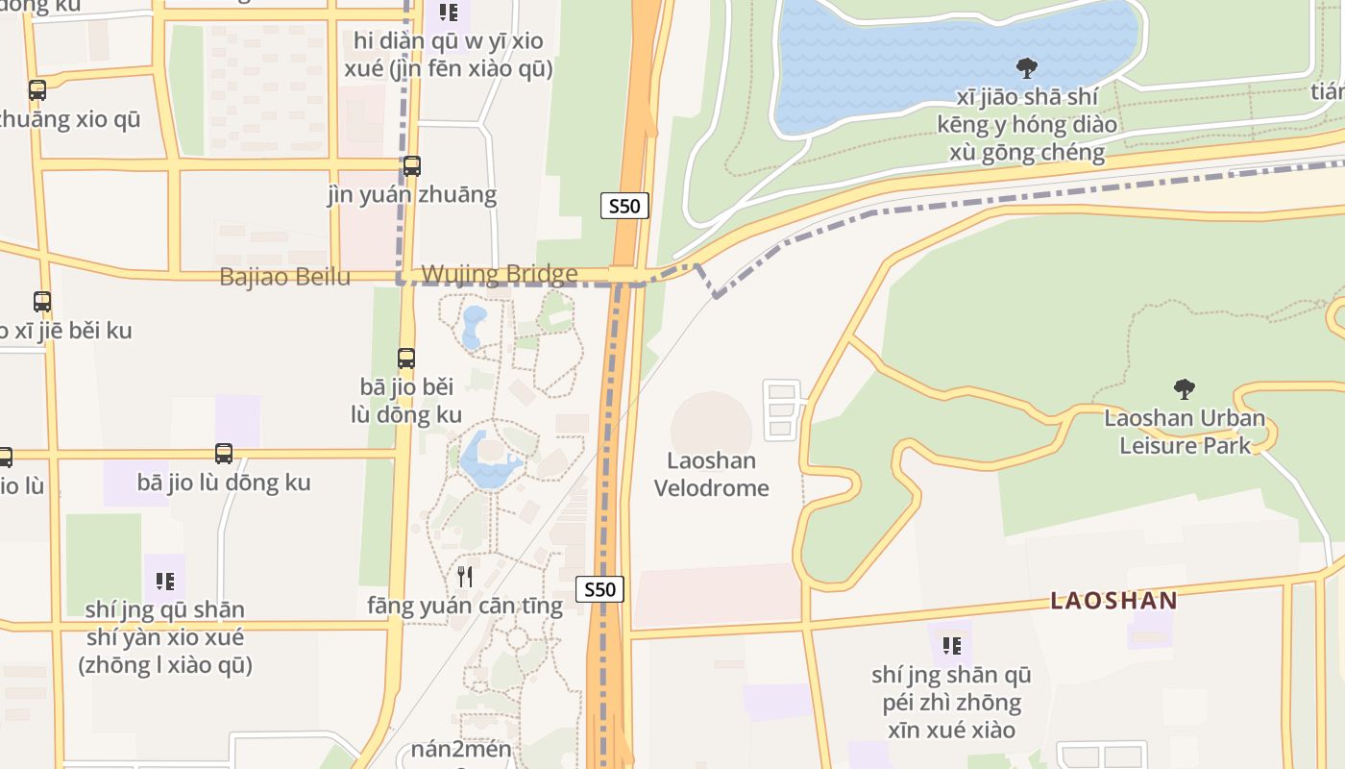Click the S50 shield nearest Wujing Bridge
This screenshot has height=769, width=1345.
click(624, 206)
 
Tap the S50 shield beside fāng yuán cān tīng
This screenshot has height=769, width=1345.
click(599, 589)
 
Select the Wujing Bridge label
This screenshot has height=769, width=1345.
click(500, 275)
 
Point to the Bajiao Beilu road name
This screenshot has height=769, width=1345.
click(284, 277)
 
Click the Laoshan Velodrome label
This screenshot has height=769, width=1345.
click(711, 474)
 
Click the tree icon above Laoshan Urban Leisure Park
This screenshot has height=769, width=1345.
click(1184, 389)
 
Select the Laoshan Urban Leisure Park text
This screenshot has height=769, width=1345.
click(1184, 432)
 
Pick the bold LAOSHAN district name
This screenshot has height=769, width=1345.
click(1113, 601)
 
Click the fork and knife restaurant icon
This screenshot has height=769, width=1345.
click(465, 576)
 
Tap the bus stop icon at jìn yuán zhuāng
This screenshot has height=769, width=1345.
click(412, 166)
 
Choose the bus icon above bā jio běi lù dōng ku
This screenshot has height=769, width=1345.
click(406, 359)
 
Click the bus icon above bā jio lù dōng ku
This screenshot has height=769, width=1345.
click(224, 454)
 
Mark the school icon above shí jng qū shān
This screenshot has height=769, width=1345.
click(164, 581)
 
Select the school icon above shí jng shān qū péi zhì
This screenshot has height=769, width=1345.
click(951, 645)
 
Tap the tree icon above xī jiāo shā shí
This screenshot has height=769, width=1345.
click(1026, 68)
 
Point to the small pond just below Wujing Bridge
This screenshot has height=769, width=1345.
click(474, 327)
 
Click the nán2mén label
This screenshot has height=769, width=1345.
click(461, 749)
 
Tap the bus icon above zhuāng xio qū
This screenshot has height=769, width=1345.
click(37, 90)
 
